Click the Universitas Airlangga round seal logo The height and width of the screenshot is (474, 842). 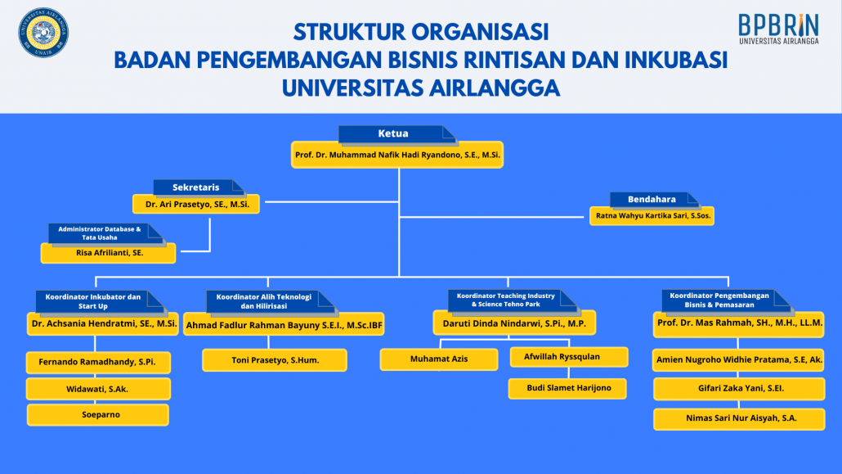coord(43,33)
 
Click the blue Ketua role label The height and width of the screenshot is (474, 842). coord(393,133)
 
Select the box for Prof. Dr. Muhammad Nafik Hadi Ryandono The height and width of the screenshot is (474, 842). coord(398,155)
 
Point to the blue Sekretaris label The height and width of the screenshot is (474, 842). coord(195,187)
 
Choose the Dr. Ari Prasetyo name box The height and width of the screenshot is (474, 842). coord(196,204)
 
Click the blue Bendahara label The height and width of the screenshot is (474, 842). coord(652,199)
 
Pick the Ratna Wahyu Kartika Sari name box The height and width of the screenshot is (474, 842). coord(651,216)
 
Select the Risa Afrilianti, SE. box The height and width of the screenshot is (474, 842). coord(108,254)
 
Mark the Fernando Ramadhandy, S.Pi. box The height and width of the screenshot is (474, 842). coord(97,361)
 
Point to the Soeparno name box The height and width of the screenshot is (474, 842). coord(97,415)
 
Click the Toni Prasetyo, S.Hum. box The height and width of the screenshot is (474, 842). coord(275,360)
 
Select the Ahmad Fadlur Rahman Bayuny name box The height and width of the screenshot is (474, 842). coord(284,325)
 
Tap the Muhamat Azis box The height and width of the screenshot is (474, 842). coord(439,359)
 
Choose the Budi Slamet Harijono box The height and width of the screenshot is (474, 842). coord(568,388)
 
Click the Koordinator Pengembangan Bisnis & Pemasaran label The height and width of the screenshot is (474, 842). coord(708,300)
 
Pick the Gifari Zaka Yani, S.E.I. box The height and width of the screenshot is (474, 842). coord(739,388)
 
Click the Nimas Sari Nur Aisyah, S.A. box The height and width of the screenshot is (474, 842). coord(739,419)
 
